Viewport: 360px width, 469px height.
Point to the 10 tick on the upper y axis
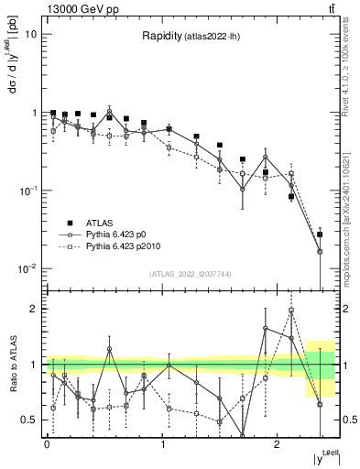pyautogui.click(x=31, y=34)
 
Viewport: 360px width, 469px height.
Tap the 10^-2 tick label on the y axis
pyautogui.click(x=27, y=268)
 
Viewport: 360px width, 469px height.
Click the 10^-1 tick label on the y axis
pyautogui.click(x=27, y=191)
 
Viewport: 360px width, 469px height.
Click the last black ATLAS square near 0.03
pyautogui.click(x=320, y=234)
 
